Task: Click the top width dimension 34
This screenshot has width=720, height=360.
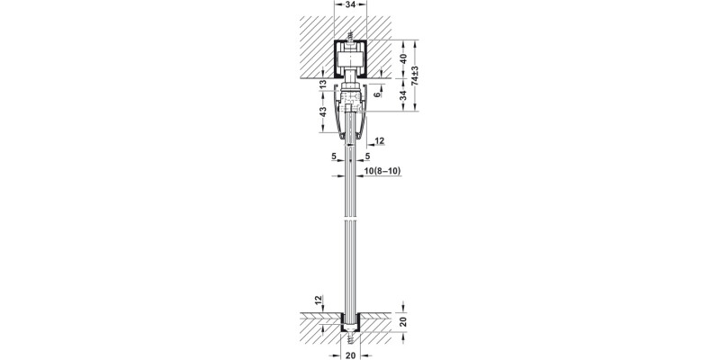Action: coord(349,5)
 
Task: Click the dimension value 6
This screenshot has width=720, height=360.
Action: coord(380,94)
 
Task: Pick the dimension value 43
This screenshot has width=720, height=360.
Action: coord(322,116)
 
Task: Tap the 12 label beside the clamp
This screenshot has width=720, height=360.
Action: coord(379,140)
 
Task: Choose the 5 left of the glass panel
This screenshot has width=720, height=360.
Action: coord(335,157)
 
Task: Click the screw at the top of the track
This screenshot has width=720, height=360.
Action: coord(349,39)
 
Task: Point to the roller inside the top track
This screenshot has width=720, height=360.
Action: coord(349,64)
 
